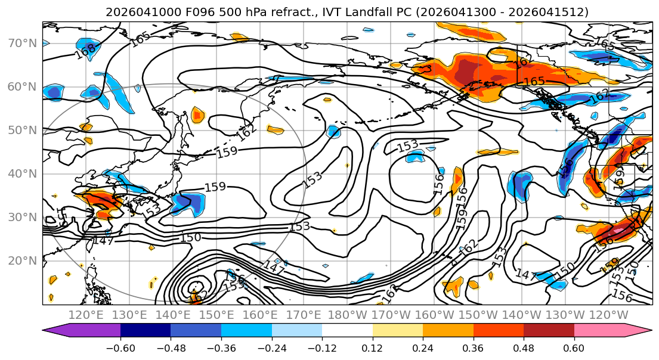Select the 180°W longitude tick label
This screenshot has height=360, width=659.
pos(348,315)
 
